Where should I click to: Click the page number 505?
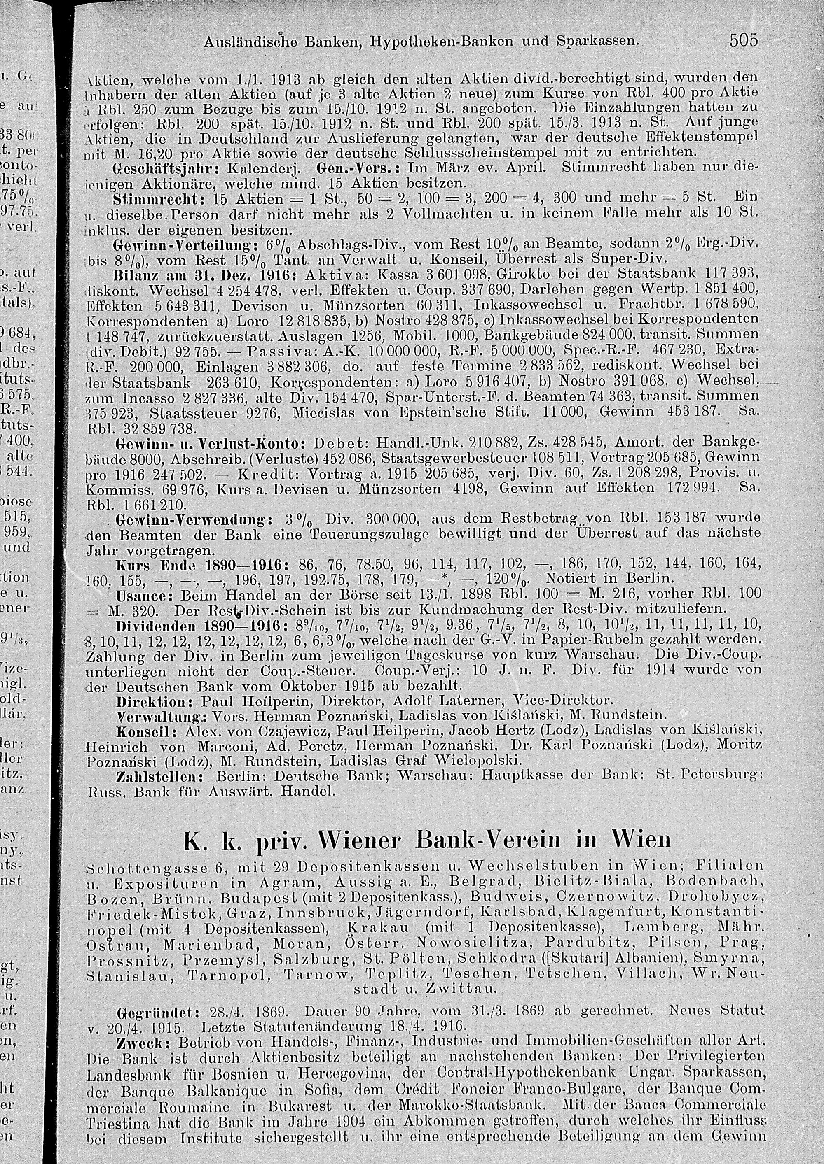click(x=743, y=40)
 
